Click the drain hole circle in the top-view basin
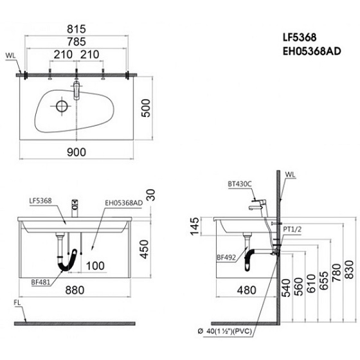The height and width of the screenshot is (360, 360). click(x=62, y=105)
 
